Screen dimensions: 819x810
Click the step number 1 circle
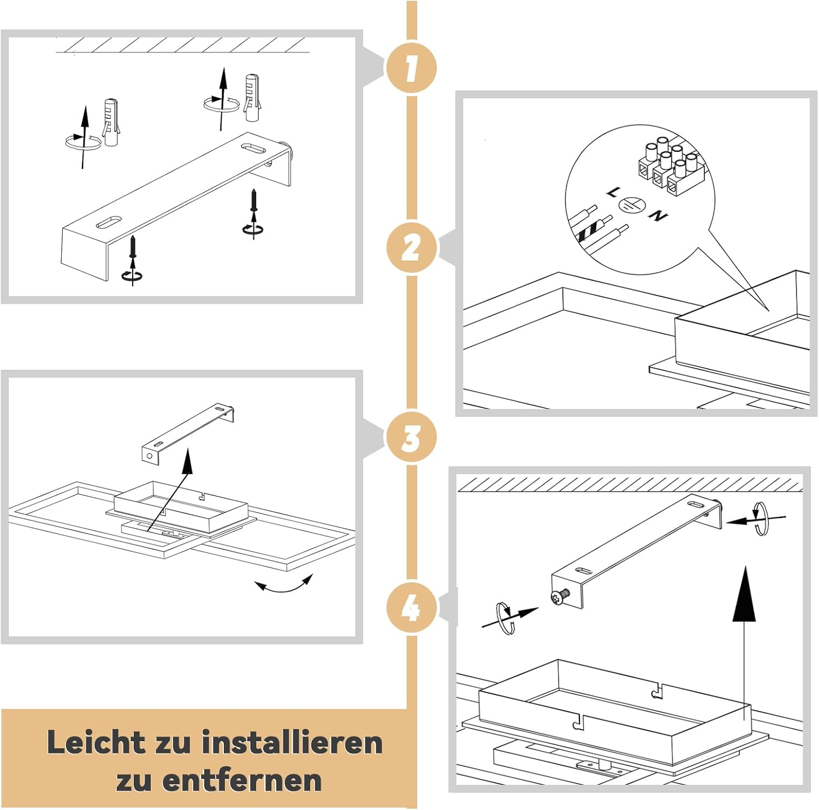pos(411,68)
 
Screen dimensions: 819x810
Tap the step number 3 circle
pos(411,437)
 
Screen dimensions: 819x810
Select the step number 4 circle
pos(411,607)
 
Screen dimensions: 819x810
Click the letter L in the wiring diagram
pos(613,192)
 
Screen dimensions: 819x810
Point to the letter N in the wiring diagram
pos(658,216)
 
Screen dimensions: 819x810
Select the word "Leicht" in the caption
pos(96,743)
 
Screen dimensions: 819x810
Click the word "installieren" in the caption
pos(292,743)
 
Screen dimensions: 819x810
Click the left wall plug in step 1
pos(110,123)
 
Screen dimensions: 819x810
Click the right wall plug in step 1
pos(251,98)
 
